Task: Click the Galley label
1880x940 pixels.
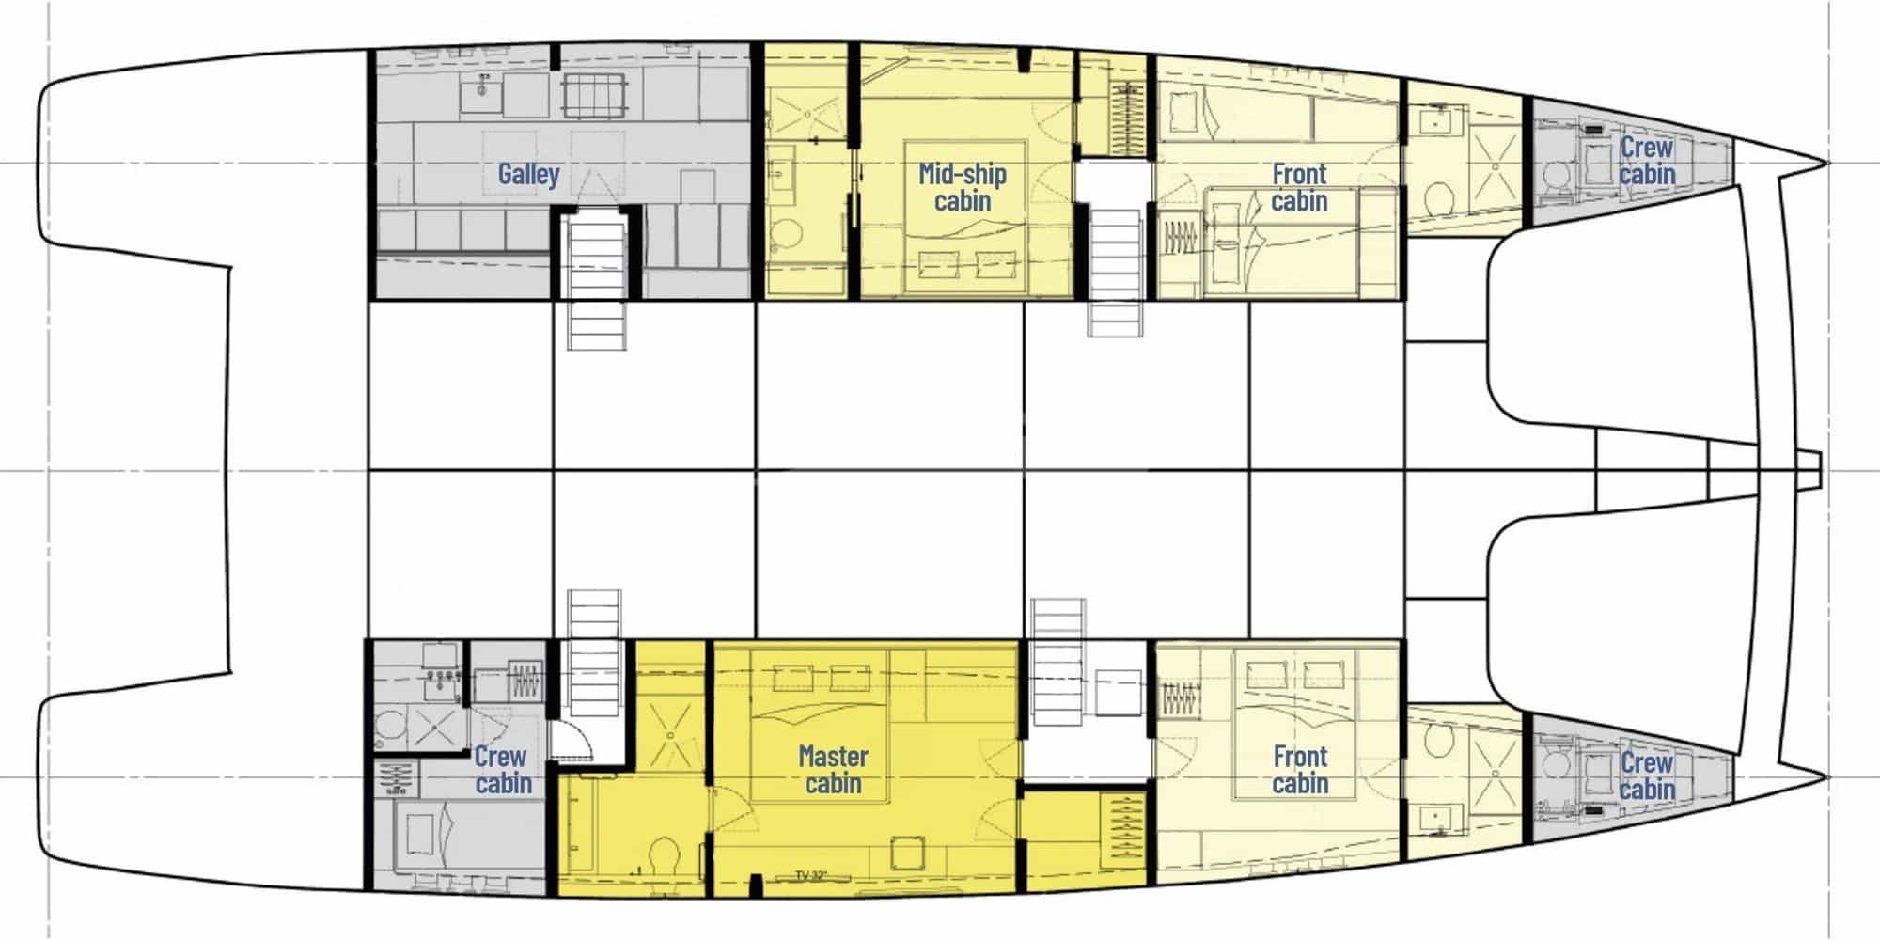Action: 528,174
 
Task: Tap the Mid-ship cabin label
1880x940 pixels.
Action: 963,186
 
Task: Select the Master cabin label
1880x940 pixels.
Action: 833,769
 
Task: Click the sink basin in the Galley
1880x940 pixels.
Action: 480,93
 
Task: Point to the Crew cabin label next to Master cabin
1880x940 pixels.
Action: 502,769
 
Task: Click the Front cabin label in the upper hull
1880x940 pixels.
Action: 1299,186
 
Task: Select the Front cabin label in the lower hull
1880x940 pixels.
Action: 1300,769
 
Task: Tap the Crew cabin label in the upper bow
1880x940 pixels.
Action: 1647,161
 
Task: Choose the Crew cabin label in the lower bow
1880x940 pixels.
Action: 1647,775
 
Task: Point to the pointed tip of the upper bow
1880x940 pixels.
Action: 1826,164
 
